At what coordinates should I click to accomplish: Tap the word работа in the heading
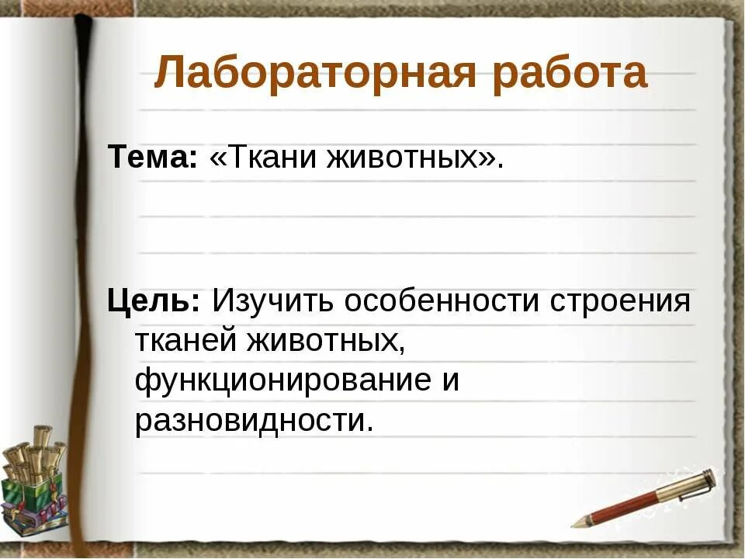[x=570, y=74]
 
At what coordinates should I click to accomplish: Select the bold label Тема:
[x=153, y=158]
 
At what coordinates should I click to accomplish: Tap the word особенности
[x=444, y=300]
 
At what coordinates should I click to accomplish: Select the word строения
[x=621, y=300]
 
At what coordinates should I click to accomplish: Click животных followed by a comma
[x=326, y=340]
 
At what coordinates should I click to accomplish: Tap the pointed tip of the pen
[x=575, y=525]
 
